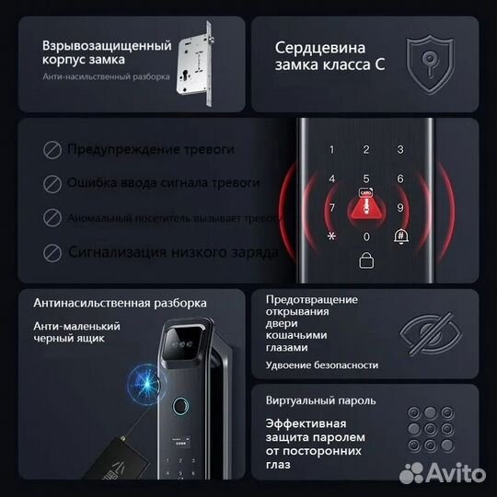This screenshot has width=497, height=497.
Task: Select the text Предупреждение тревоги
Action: pyautogui.click(x=151, y=149)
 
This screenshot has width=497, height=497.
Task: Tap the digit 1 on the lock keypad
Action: pyautogui.click(x=332, y=150)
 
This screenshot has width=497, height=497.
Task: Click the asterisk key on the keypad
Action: pyautogui.click(x=332, y=236)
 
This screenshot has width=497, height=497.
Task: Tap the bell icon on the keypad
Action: pyautogui.click(x=400, y=236)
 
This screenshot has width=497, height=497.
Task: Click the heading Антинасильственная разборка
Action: pyautogui.click(x=120, y=302)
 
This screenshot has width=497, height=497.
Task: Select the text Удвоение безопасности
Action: pyautogui.click(x=321, y=365)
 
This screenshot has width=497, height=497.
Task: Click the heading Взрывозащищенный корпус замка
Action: pyautogui.click(x=107, y=52)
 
